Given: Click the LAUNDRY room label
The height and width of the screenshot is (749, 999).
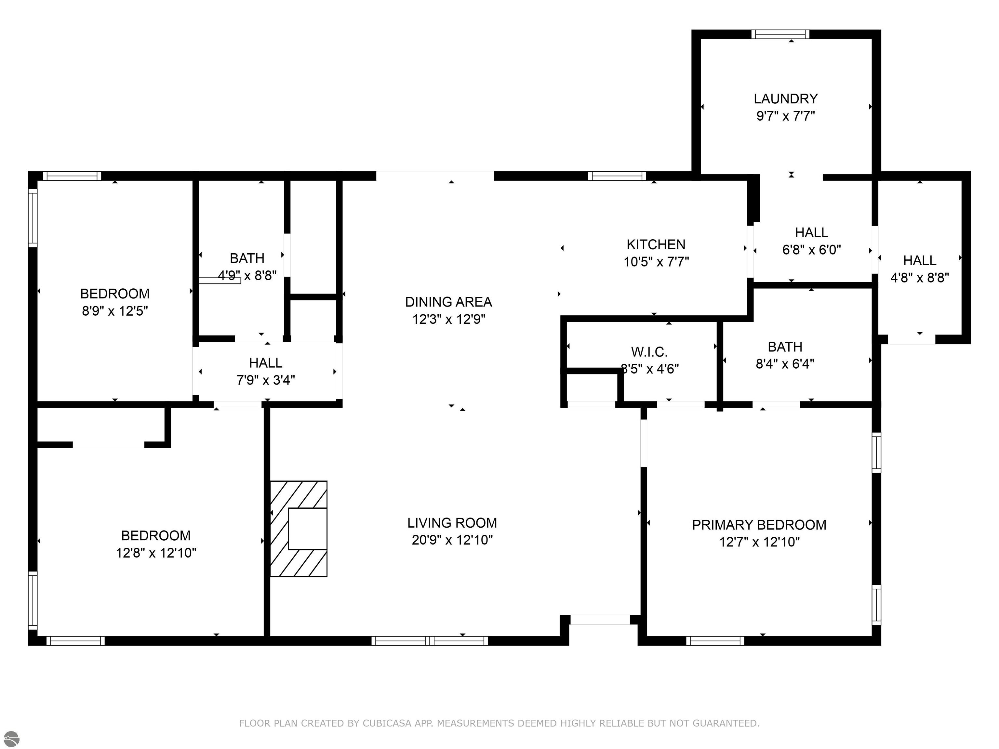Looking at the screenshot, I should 785,99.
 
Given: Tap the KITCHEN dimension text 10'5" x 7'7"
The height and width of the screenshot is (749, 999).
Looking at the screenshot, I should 656,262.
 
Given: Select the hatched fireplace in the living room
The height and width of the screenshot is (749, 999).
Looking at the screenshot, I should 299,529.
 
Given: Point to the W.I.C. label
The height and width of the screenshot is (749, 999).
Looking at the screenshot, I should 649,352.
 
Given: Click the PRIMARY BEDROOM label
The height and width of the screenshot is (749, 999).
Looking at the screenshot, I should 759,525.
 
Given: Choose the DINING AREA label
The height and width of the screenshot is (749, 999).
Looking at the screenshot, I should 448,302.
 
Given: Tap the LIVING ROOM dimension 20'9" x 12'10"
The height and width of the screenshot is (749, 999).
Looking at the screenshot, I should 452,540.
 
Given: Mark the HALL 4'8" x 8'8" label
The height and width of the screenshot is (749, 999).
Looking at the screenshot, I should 920,260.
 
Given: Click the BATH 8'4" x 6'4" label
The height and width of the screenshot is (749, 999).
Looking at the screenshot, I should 785,347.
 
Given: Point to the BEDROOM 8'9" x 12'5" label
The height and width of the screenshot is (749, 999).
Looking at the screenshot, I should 115,294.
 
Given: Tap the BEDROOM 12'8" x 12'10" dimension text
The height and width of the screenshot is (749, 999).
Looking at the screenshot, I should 156,553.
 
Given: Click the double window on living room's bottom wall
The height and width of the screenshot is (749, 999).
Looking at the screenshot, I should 430,641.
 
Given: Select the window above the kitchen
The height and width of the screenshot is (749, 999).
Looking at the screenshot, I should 617,176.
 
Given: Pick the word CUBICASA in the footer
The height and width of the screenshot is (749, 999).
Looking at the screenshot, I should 387,723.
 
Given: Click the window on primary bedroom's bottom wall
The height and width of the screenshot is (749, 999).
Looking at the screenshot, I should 715,641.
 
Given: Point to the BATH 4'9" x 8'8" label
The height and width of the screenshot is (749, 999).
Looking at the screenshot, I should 247,258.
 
